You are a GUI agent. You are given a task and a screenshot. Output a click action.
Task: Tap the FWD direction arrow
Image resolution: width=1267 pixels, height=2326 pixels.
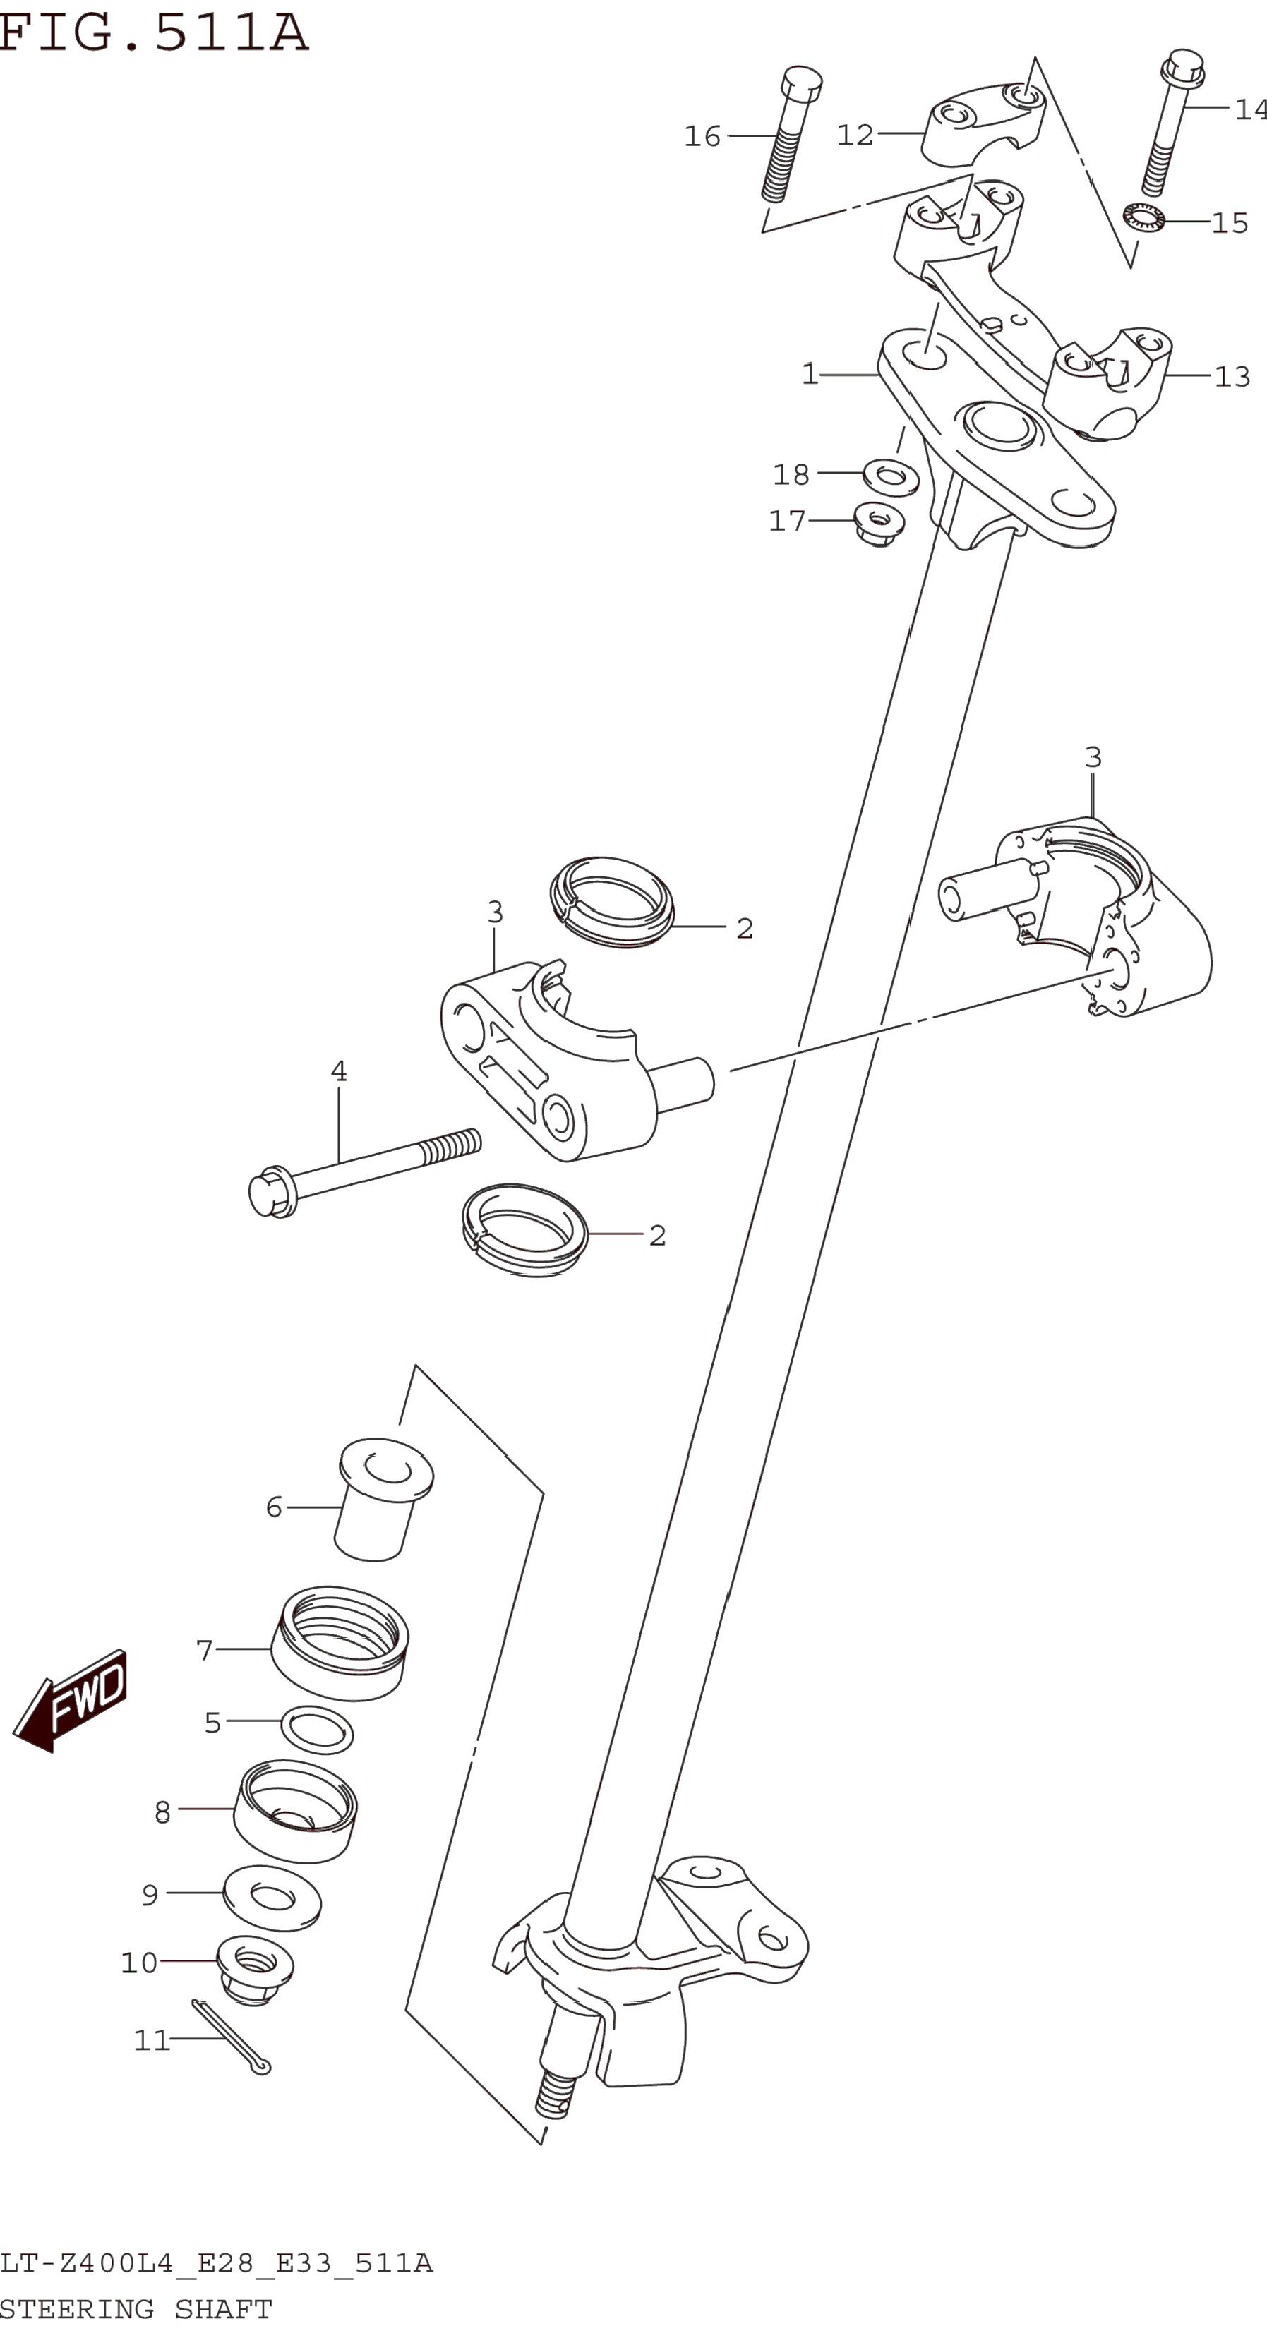72,1699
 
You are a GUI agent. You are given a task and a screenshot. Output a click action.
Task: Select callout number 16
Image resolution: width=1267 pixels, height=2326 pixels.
702,136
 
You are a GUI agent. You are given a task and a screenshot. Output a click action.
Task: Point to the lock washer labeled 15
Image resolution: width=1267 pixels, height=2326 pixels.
1143,217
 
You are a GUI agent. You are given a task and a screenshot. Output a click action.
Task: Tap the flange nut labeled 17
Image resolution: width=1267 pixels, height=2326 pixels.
879,523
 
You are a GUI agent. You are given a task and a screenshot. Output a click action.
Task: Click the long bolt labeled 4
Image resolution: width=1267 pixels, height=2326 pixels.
366,1171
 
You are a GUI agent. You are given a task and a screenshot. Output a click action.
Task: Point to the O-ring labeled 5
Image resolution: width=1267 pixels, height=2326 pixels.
317,1729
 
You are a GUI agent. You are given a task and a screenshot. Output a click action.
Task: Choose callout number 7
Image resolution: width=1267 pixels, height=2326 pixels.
204,1650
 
